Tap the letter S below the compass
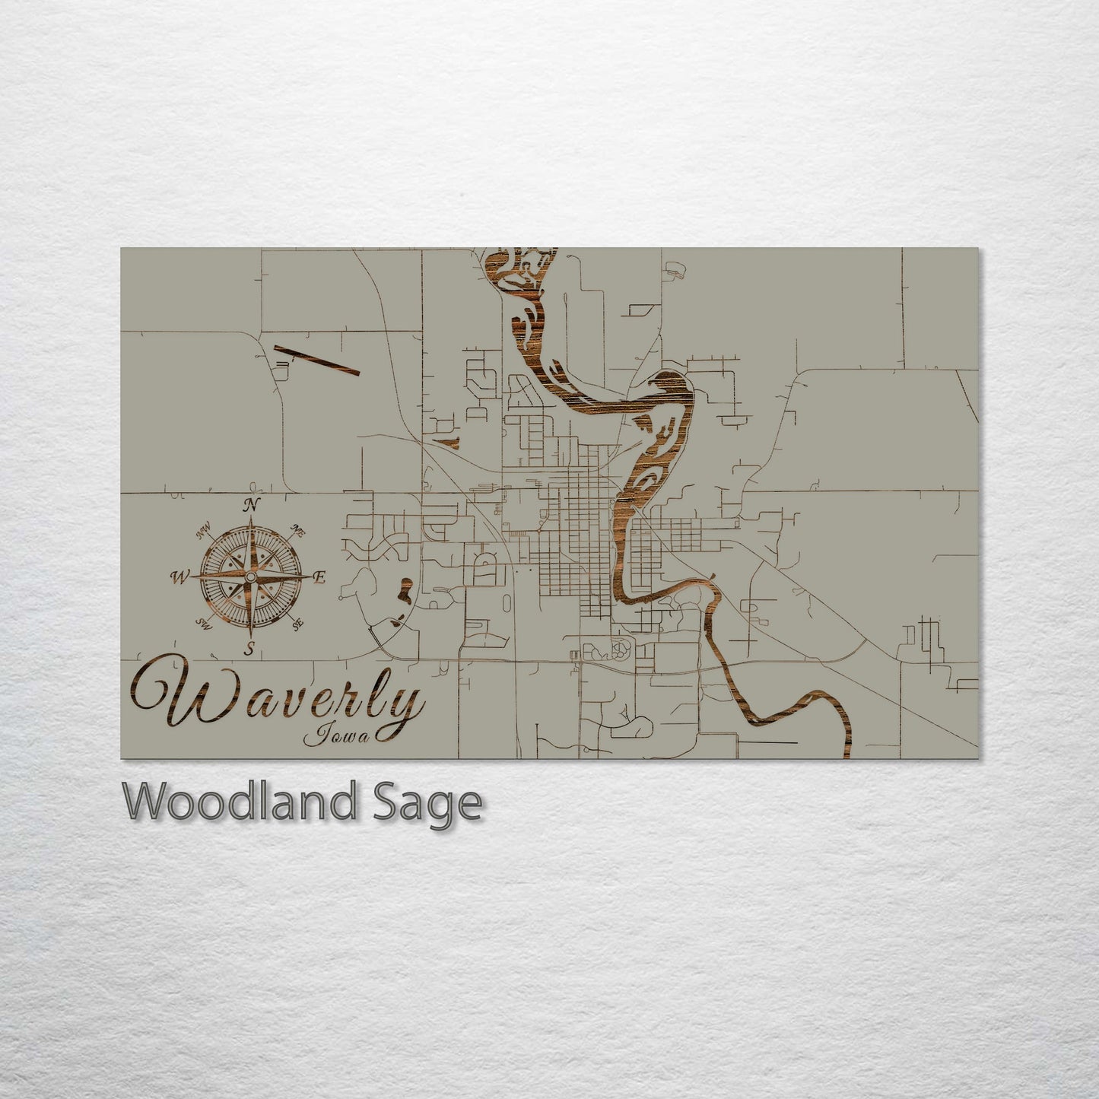pos(249,648)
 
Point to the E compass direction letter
pos(319,577)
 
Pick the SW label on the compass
pos(204,624)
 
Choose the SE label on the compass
pos(297,623)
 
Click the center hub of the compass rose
pos(250,578)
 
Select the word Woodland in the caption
pos(237,802)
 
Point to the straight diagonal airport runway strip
pos(316,360)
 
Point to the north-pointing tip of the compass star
pos(251,520)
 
